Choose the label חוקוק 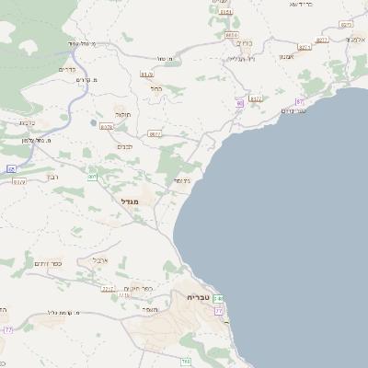tap(121, 116)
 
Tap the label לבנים tap(126, 146)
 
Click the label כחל tap(157, 89)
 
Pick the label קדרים tap(67, 69)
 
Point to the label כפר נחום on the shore tap(293, 110)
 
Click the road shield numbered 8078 tap(107, 127)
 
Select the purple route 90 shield tap(239, 104)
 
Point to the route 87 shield tap(299, 100)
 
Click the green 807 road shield tap(93, 177)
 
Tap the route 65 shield tap(12, 169)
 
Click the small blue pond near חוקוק tap(93, 121)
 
